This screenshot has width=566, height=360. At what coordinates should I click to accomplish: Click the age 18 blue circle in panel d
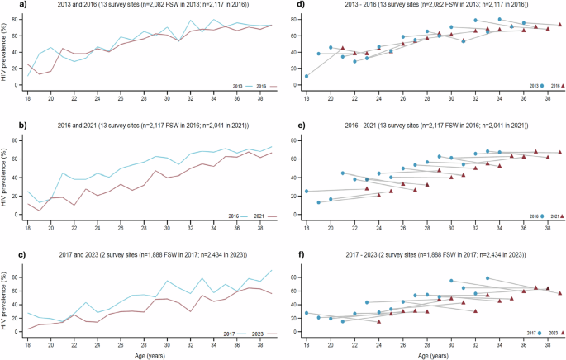point(307,76)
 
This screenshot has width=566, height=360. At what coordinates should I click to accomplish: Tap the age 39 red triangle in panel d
point(559,25)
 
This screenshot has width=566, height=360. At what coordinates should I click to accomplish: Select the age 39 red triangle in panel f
point(559,292)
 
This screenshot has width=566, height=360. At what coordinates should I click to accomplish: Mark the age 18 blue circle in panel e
point(307,191)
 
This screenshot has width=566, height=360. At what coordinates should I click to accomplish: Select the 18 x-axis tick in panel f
point(307,343)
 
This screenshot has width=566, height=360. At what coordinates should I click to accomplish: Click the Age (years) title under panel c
point(145,353)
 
